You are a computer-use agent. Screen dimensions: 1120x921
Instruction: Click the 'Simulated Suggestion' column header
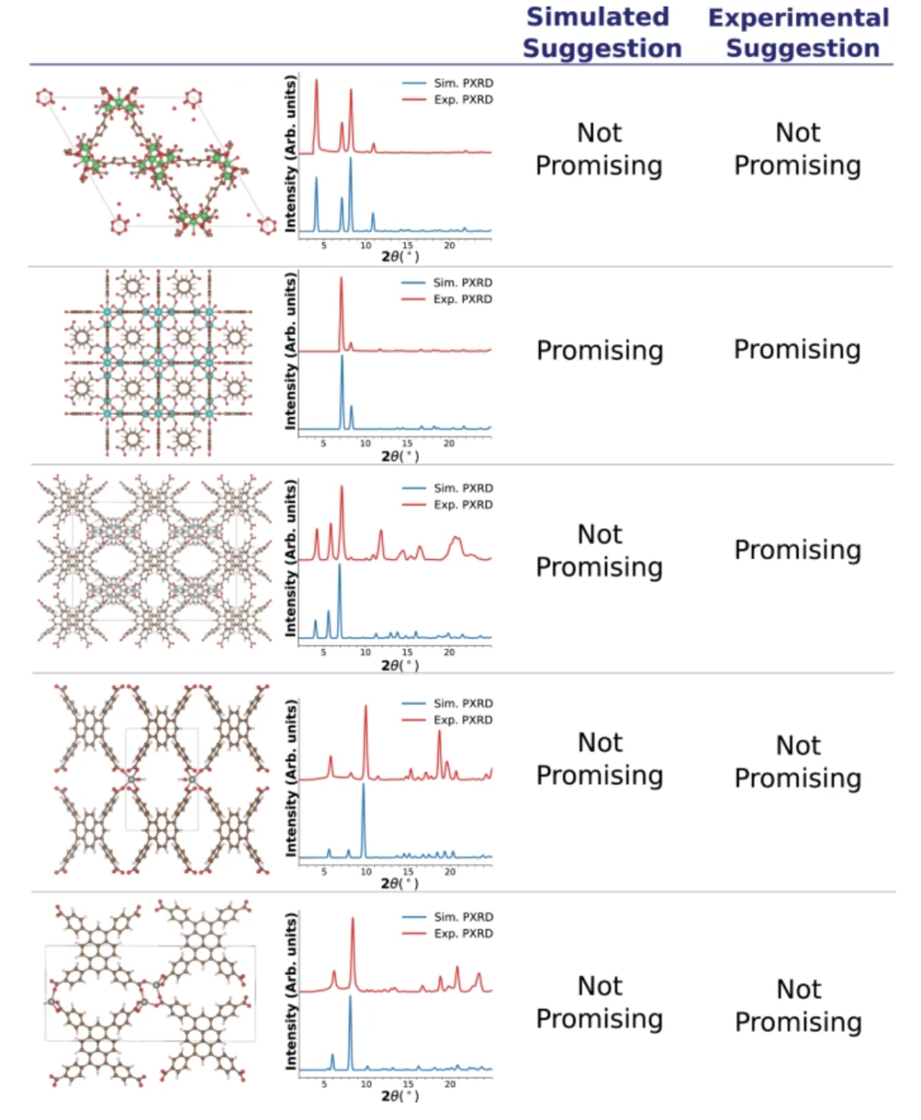601,32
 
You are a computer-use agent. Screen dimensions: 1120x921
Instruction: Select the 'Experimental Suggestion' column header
799,32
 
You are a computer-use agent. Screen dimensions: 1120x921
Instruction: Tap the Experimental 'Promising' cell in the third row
797,550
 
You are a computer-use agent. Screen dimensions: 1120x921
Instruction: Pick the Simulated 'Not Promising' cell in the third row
600,550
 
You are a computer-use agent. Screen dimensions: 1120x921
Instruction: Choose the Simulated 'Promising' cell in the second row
600,350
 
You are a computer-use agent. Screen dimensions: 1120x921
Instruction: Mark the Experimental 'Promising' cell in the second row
797,349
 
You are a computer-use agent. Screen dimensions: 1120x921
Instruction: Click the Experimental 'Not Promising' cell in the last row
799,1005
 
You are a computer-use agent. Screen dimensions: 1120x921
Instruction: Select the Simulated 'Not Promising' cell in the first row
600,148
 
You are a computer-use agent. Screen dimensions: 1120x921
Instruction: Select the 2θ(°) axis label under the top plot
400,256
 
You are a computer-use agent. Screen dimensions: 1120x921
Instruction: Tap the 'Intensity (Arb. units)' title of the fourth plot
292,778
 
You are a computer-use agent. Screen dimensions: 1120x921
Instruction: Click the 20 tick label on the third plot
449,652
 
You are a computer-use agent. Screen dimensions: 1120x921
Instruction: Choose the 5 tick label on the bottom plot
324,1084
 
